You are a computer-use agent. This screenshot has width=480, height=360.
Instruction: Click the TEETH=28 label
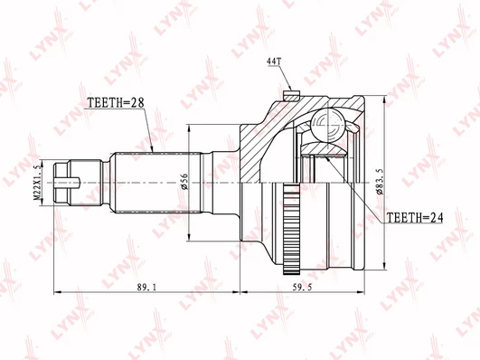pos(116,103)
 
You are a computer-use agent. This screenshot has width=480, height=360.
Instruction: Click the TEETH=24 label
pos(415,217)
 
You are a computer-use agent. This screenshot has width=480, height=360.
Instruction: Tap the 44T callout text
pos(274,62)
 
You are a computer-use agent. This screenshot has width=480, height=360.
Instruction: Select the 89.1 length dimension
pos(146,287)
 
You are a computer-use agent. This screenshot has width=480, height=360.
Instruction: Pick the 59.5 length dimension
pos(302,287)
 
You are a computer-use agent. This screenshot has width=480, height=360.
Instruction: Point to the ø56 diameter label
pos(184,182)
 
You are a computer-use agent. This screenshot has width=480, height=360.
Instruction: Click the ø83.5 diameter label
pos(380,182)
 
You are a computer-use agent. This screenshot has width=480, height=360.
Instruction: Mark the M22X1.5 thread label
pos(37,183)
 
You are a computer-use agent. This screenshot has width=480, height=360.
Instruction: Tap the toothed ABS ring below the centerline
pos(291,227)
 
